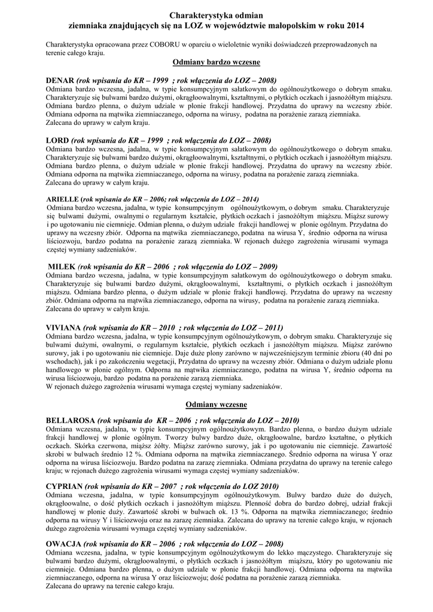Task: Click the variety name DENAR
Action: pyautogui.click(x=60, y=80)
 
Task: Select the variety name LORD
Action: pyautogui.click(x=57, y=140)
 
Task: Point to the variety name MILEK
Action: pyautogui.click(x=62, y=267)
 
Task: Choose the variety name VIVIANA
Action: pyautogui.click(x=63, y=328)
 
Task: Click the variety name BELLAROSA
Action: pyautogui.click(x=69, y=420)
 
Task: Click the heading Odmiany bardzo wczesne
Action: pyautogui.click(x=216, y=62)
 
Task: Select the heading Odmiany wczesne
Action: pyautogui.click(x=216, y=404)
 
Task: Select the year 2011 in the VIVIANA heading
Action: pyautogui.click(x=273, y=328)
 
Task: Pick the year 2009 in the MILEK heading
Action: pyautogui.click(x=267, y=267)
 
